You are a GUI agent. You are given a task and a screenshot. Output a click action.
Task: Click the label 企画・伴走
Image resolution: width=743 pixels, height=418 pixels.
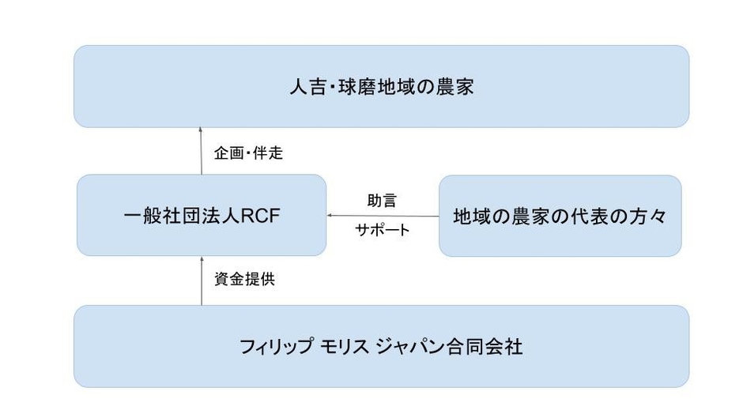click(248, 153)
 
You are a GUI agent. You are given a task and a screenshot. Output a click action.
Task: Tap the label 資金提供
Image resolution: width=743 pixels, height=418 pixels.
click(244, 280)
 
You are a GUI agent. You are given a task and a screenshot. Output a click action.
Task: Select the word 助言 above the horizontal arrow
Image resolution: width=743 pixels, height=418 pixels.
click(382, 201)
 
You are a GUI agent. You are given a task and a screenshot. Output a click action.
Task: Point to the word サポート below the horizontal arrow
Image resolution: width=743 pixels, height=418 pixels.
click(383, 230)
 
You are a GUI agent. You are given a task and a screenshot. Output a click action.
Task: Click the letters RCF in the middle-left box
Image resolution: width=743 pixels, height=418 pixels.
click(259, 217)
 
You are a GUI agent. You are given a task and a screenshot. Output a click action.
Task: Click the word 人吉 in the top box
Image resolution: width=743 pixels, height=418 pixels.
click(304, 87)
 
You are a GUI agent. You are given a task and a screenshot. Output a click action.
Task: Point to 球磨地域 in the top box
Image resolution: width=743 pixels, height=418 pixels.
click(365, 87)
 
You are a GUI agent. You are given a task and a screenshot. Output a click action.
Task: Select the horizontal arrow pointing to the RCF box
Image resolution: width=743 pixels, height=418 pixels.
click(383, 216)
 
